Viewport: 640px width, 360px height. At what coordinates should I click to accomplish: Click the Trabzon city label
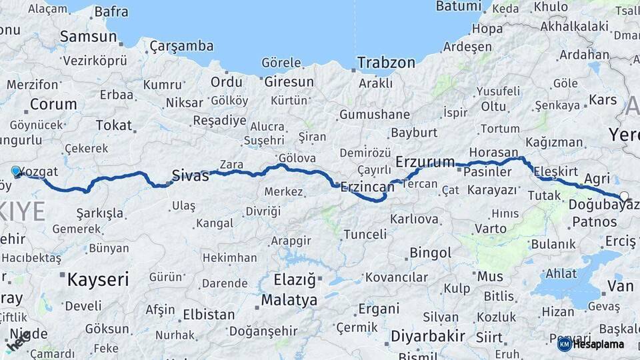[386, 63]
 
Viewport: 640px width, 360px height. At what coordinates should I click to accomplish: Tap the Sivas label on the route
[190, 176]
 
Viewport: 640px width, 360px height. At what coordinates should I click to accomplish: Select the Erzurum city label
[425, 162]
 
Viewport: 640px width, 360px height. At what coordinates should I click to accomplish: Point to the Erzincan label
[367, 188]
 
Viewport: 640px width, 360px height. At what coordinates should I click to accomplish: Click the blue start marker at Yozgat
[17, 171]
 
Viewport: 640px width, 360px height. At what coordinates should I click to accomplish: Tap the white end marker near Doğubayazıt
[624, 196]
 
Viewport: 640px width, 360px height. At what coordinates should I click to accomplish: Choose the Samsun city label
[89, 37]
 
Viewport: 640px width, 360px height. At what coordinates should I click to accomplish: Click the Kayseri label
[97, 279]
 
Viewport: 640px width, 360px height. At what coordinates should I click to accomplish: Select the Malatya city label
[289, 300]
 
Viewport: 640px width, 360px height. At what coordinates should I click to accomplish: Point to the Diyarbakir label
[428, 335]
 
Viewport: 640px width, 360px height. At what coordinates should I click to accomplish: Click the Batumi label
[458, 6]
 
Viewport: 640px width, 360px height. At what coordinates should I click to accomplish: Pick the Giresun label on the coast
[289, 82]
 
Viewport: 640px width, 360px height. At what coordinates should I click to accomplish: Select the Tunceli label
[365, 234]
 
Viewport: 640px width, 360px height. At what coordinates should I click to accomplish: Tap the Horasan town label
[493, 153]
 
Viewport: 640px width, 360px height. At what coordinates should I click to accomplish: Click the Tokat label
[114, 125]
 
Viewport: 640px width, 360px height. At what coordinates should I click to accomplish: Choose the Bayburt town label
[414, 133]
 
